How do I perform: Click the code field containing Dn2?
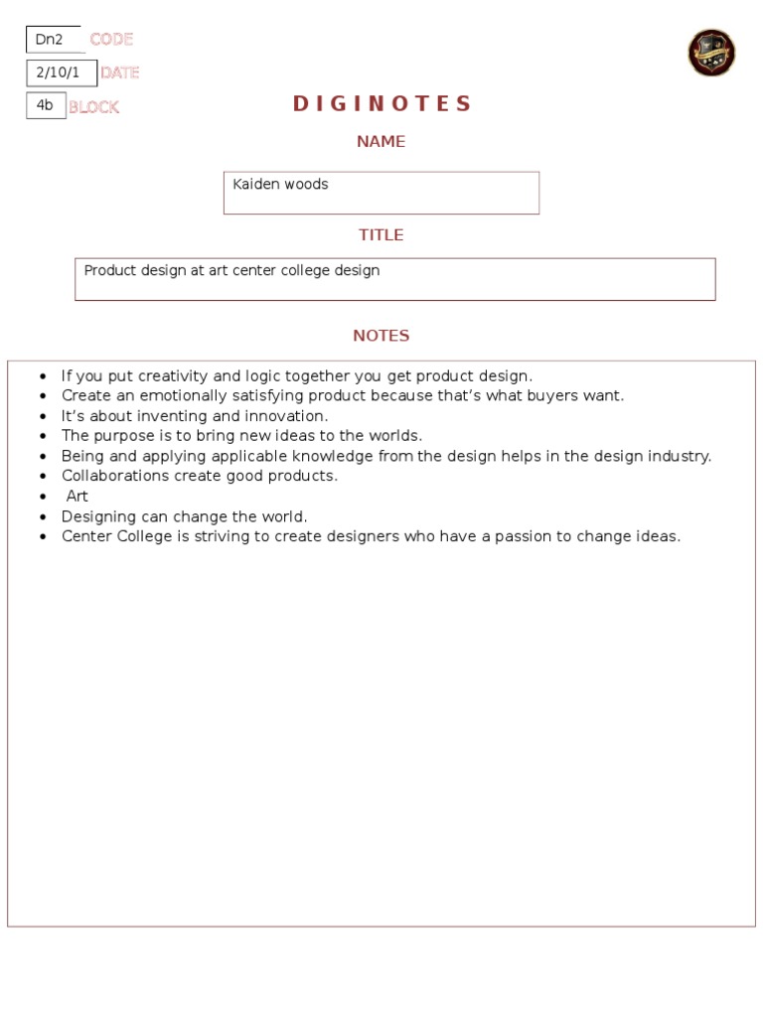[53, 40]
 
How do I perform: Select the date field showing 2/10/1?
[61, 73]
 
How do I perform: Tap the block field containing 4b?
[46, 105]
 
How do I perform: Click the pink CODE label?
[111, 40]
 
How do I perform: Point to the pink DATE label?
[119, 73]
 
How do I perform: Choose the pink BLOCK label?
[93, 107]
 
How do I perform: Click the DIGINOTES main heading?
[381, 104]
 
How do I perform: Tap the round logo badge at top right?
[711, 53]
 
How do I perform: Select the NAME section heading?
[381, 142]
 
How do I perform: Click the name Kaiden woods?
[280, 184]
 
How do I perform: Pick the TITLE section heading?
[381, 235]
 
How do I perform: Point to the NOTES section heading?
[381, 336]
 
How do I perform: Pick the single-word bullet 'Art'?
[76, 496]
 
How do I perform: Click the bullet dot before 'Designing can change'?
[43, 517]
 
